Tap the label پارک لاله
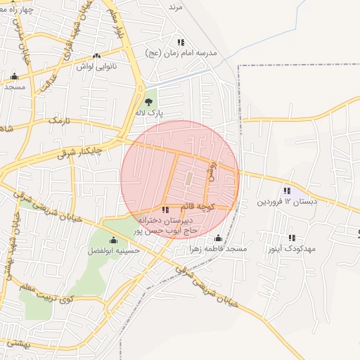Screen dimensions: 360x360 (x=149, y=112)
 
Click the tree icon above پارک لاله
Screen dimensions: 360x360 (x=148, y=102)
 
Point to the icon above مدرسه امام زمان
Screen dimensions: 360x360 (x=181, y=42)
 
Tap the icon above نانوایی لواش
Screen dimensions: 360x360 (x=96, y=56)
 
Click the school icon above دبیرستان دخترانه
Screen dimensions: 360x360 (x=165, y=210)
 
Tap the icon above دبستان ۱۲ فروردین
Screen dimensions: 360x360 (x=287, y=191)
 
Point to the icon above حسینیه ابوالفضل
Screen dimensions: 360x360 (x=114, y=240)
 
